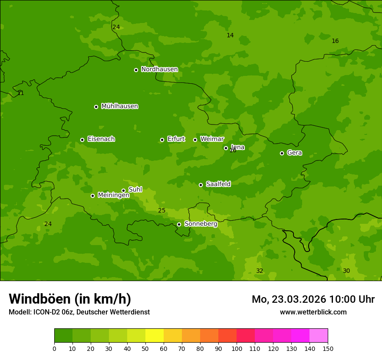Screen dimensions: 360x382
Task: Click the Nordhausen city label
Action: [159, 69]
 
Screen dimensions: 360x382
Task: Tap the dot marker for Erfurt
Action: [162, 140]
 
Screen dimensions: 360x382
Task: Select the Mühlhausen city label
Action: [119, 106]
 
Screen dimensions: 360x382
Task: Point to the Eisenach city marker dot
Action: [82, 140]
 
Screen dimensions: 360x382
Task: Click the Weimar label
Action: [212, 139]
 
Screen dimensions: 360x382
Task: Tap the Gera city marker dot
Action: [282, 153]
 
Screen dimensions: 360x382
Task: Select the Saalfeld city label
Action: [218, 184]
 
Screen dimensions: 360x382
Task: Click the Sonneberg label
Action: [201, 224]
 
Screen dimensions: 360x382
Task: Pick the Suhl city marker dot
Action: [123, 190]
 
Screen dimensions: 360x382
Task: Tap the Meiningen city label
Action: [113, 195]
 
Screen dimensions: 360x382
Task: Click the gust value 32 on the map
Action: [260, 271]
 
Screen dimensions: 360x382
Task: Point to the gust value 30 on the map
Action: [346, 271]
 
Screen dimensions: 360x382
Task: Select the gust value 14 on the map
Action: [230, 36]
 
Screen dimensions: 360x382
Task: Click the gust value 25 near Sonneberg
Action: [161, 211]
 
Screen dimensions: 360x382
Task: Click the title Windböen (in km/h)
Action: [70, 299]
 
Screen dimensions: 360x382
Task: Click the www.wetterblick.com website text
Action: [313, 312]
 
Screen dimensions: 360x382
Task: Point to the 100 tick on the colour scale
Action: [237, 348]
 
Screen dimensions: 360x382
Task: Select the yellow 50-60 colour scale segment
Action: [155, 336]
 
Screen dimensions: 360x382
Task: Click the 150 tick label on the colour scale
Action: [328, 348]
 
